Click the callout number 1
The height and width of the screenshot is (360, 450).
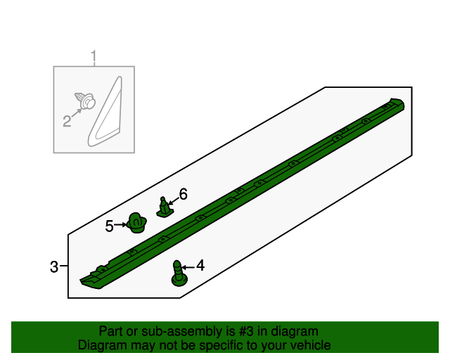click(94, 57)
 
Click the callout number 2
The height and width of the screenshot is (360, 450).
click(67, 121)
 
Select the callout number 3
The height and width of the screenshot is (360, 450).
click(54, 266)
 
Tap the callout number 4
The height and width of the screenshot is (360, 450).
click(200, 266)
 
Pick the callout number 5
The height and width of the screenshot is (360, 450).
click(109, 226)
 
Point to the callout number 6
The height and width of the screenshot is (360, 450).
click(183, 194)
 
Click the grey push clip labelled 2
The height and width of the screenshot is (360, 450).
click(85, 100)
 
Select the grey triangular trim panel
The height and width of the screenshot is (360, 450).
click(105, 112)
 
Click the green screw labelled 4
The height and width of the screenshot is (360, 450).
click(179, 274)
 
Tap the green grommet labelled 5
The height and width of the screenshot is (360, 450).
click(137, 223)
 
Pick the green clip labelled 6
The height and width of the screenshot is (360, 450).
click(165, 207)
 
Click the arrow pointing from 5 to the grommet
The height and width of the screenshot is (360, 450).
click(120, 225)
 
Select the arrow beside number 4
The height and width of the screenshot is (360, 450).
click(188, 268)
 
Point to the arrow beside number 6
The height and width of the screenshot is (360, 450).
click(174, 200)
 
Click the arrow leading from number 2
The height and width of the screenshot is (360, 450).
click(77, 112)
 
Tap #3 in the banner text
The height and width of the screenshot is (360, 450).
click(246, 332)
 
